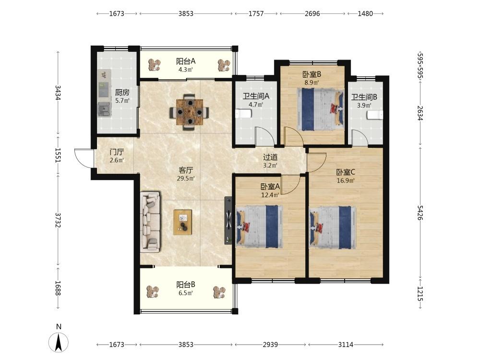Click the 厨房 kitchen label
pyautogui.click(x=122, y=92)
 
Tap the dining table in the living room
pyautogui.click(x=190, y=112)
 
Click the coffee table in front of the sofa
pyautogui.click(x=183, y=222)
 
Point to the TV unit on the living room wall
pyautogui.click(x=228, y=220)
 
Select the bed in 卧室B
pyautogui.click(x=320, y=109)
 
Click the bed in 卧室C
pyautogui.click(x=334, y=227)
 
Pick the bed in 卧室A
pyautogui.click(x=260, y=227)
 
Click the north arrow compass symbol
pyautogui.click(x=59, y=341)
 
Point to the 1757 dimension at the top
pyautogui.click(x=256, y=13)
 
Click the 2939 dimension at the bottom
pyautogui.click(x=270, y=345)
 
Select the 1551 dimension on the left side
pyautogui.click(x=58, y=155)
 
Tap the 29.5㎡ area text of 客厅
pyautogui.click(x=186, y=179)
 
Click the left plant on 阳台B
pyautogui.click(x=153, y=292)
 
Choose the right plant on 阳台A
pyautogui.click(x=224, y=65)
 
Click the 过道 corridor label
pyautogui.click(x=270, y=157)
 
